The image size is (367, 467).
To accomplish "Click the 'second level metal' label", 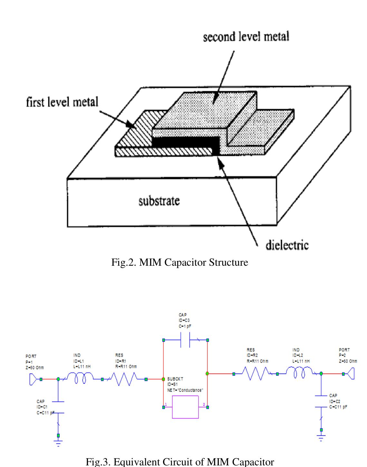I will [246, 37].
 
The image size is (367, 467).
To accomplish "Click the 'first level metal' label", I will [62, 102].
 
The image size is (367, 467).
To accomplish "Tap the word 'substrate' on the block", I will [159, 201].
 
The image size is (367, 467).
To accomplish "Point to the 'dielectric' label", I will [287, 245].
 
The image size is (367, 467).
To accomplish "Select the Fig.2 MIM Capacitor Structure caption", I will [179, 262].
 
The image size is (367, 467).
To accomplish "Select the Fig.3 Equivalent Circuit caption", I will [180, 462].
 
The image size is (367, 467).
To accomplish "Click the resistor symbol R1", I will [124, 379].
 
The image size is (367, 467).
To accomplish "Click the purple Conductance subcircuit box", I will [185, 407].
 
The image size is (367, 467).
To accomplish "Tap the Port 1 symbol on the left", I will [33, 379].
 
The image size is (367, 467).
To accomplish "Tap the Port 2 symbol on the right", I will [351, 374].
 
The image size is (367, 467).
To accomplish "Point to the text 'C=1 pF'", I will [185, 326].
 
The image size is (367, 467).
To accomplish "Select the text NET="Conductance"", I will [185, 390].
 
